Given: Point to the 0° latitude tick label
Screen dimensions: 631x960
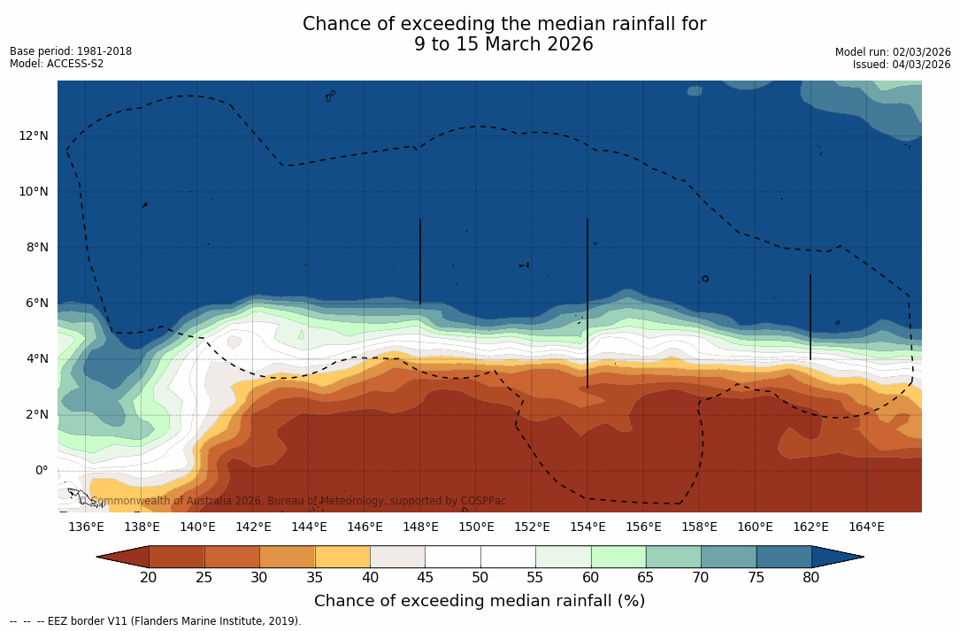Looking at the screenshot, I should (x=42, y=470).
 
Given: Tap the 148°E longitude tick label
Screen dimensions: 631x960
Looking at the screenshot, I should (x=420, y=527).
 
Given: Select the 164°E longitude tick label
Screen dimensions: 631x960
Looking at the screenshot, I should (x=866, y=527).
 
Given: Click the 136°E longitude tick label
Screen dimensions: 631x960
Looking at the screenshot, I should (x=86, y=527).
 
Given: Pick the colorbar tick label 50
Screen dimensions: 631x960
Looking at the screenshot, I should (x=480, y=578).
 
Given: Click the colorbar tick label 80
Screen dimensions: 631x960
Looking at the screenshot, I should (x=811, y=578).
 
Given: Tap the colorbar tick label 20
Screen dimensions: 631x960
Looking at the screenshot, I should (x=149, y=578).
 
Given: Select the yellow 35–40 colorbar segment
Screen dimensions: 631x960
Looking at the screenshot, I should (x=342, y=557).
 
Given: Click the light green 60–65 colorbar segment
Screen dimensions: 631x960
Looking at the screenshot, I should (x=618, y=557).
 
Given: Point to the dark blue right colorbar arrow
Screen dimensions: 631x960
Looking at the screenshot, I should (x=836, y=557).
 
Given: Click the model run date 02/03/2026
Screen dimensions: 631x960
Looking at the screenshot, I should (x=920, y=52).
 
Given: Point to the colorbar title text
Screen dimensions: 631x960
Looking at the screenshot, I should (x=480, y=602).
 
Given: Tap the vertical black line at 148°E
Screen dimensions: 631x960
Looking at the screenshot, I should (x=420, y=261).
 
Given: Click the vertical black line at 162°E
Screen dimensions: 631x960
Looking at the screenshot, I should (x=810, y=317).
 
